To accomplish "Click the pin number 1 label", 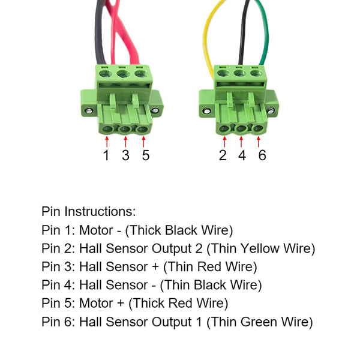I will [106, 155].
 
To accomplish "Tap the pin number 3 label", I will [125, 155].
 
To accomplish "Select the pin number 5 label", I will [145, 155].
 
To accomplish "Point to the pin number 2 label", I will [224, 155].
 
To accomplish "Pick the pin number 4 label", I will [242, 155].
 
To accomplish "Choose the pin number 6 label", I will [261, 155].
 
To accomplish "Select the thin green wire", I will [265, 36].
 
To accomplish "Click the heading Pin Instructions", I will [89, 211].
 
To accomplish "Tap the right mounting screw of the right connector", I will [274, 111].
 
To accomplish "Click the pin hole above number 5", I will [142, 128].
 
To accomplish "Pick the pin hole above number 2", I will [224, 128].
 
